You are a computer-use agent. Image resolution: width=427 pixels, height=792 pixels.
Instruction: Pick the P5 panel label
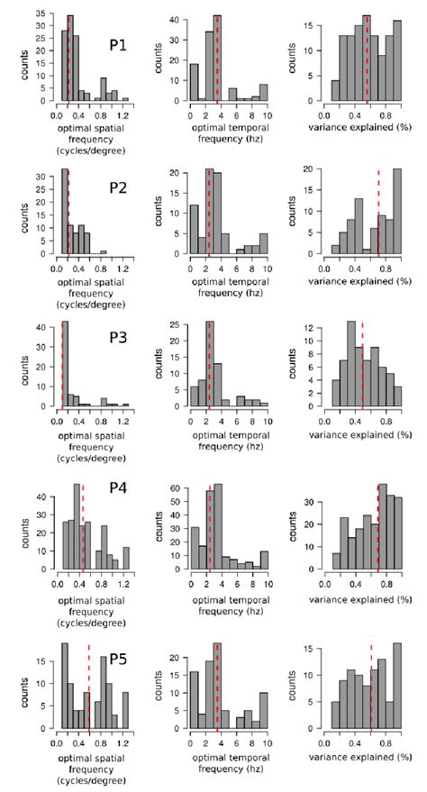pyautogui.click(x=117, y=657)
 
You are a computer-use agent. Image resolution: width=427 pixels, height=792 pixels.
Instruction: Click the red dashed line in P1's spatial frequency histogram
pyautogui.click(x=68, y=59)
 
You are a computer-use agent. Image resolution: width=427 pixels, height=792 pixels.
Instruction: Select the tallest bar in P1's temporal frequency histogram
pyautogui.click(x=217, y=59)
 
